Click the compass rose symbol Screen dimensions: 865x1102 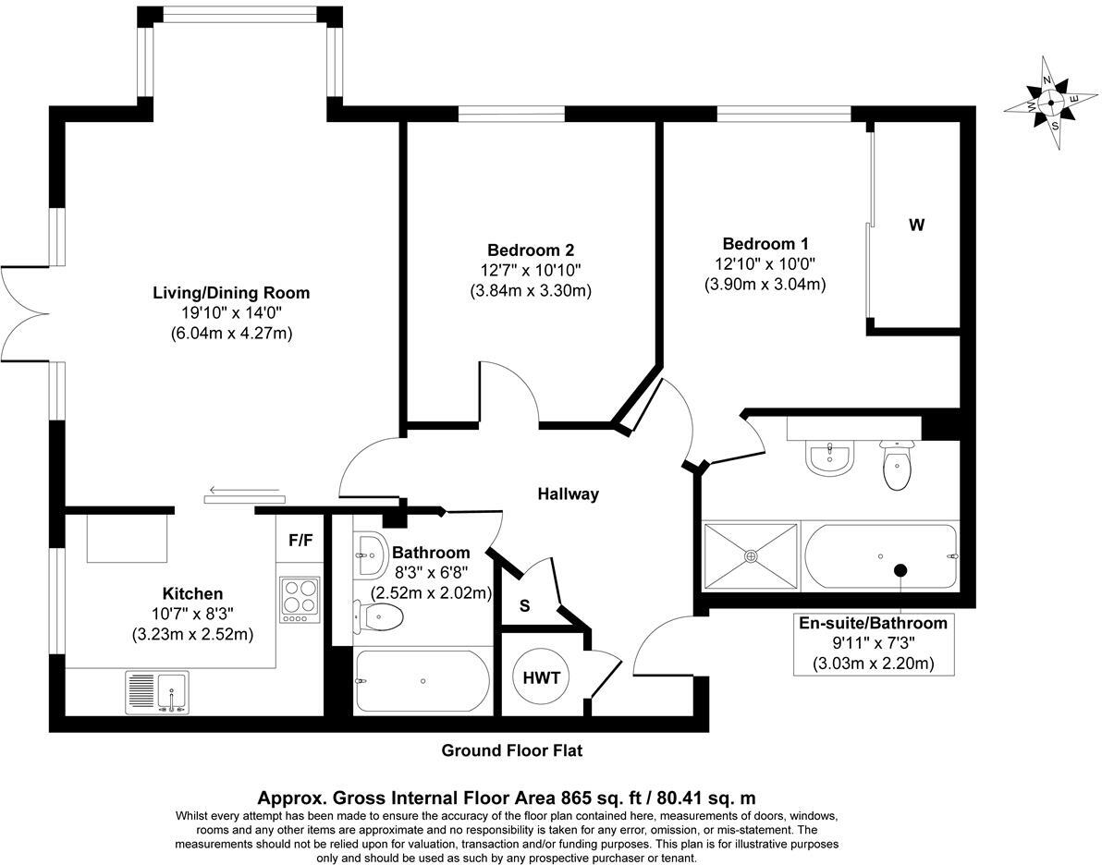(x=1051, y=104)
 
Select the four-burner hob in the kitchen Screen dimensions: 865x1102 (x=299, y=600)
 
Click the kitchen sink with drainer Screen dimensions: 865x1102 (x=157, y=693)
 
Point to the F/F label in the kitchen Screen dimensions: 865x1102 (x=300, y=541)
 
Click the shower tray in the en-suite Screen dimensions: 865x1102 (x=751, y=555)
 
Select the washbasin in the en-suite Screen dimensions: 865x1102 (x=828, y=459)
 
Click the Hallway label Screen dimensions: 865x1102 (x=569, y=493)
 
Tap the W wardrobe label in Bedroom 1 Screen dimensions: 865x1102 (x=916, y=225)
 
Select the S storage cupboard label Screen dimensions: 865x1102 (x=524, y=607)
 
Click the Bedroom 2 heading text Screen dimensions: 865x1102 (x=531, y=250)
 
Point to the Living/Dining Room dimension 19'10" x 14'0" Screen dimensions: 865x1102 (x=231, y=313)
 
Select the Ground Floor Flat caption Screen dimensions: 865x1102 (x=511, y=750)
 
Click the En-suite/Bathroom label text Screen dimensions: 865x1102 (x=873, y=623)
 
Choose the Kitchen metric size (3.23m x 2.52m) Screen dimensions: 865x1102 (x=192, y=635)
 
